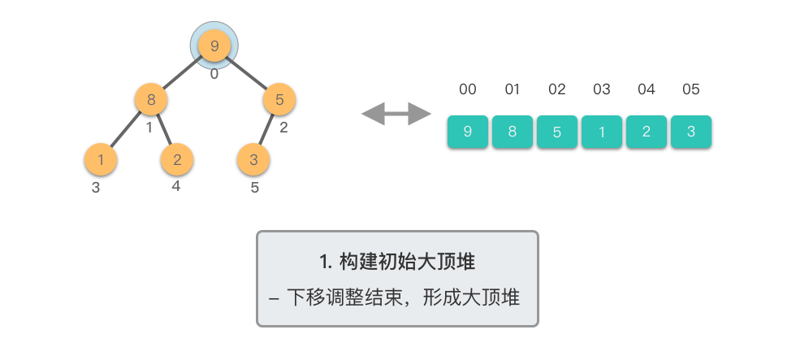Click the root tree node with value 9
[214, 46]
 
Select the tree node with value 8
[151, 101]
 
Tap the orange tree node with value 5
[279, 101]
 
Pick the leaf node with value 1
[101, 159]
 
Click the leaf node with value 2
[177, 159]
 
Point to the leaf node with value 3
[253, 159]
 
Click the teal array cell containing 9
[468, 132]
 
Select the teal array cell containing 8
[513, 132]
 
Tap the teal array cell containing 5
[557, 132]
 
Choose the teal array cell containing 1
[602, 132]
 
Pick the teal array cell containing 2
[647, 132]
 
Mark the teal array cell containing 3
[691, 132]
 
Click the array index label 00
[468, 89]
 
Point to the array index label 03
[602, 89]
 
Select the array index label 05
[691, 89]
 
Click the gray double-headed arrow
[396, 114]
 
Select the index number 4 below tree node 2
[176, 186]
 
